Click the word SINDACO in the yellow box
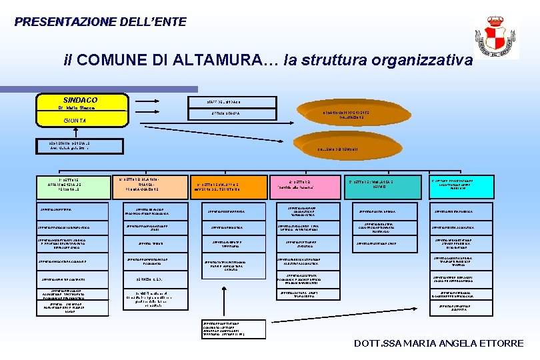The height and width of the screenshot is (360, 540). [x=80, y=99]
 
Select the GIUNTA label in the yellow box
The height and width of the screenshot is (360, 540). [x=70, y=121]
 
